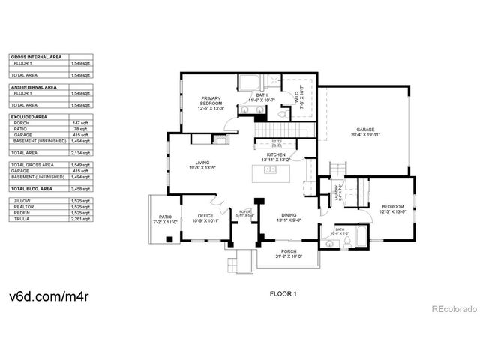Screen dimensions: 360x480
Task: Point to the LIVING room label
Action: click(202, 163)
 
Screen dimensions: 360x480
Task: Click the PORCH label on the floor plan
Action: click(289, 252)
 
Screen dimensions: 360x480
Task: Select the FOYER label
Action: click(244, 214)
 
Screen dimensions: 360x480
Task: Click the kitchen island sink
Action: click(271, 169)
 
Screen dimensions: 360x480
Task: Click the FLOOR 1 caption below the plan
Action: click(283, 294)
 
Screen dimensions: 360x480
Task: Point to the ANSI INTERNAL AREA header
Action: click(34, 87)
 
